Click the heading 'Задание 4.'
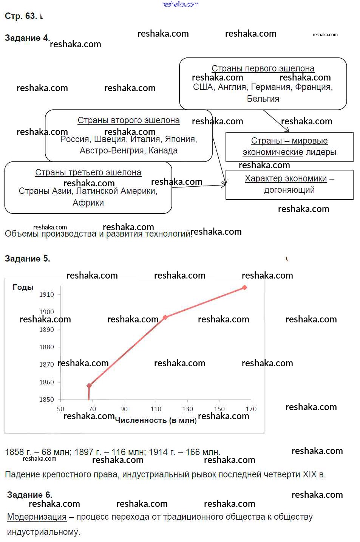click(27, 38)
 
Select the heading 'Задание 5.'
click(27, 259)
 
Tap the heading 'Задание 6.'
click(29, 495)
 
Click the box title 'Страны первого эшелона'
click(263, 68)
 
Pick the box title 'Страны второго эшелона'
click(128, 120)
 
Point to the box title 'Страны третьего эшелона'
click(88, 172)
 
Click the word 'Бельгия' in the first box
click(263, 99)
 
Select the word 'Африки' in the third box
click(88, 203)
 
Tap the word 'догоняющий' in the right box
click(289, 190)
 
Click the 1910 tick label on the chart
click(46, 294)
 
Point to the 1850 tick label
click(46, 400)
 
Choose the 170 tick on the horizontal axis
click(251, 409)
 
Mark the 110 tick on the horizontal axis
click(156, 409)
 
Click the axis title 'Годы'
click(23, 287)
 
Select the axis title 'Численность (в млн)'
click(156, 420)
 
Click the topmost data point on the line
click(244, 288)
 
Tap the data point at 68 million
click(89, 386)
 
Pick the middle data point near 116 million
click(165, 317)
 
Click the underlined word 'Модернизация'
click(37, 517)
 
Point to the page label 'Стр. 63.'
click(21, 16)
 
